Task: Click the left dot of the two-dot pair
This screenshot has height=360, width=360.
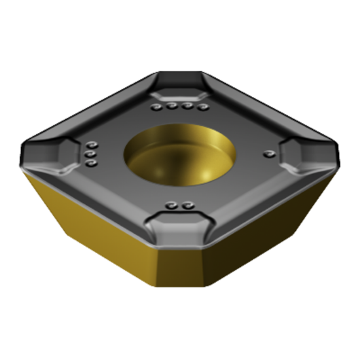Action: (173, 206)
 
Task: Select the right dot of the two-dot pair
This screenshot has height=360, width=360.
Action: (187, 206)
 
